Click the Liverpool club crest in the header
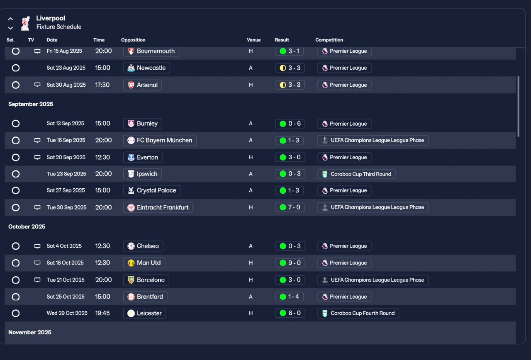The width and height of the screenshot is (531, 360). tap(25, 23)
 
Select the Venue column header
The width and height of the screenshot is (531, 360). tap(253, 40)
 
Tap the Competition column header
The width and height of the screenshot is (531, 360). tap(329, 40)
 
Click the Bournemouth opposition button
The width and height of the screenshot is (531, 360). tap(151, 51)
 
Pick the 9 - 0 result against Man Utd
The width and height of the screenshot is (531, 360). tap(290, 263)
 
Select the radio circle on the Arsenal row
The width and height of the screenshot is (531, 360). tap(16, 85)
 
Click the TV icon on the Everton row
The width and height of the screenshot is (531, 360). tap(37, 157)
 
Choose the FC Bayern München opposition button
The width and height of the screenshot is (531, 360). tap(160, 140)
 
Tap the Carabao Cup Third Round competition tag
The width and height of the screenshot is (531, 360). tap(356, 174)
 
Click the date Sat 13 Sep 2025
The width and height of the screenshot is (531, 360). tap(66, 124)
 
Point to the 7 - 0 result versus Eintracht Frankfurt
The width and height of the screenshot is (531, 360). tap(290, 207)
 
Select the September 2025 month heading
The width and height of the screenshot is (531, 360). tap(31, 104)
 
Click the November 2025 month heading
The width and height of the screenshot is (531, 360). tap(30, 332)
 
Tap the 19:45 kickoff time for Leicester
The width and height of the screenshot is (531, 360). tap(102, 313)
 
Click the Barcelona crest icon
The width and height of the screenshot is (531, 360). tap(131, 280)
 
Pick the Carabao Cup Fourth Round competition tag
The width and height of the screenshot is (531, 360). tap(358, 313)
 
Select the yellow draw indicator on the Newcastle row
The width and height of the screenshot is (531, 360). tap(283, 68)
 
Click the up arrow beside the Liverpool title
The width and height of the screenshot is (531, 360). tap(10, 19)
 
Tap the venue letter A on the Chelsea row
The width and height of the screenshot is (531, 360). tap(251, 246)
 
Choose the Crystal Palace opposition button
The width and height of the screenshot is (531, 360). tap(152, 190)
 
